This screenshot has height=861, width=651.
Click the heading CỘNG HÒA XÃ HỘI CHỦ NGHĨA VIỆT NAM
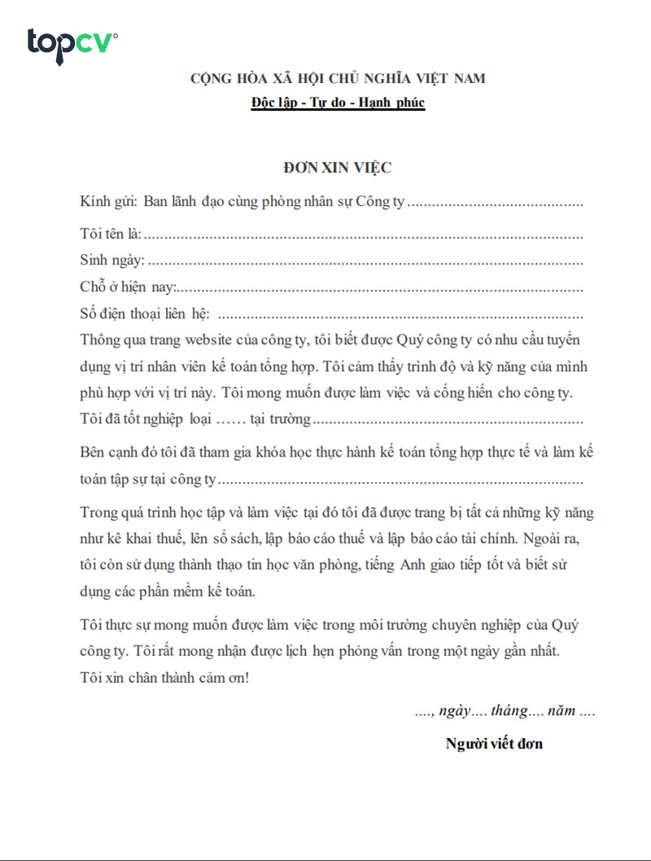coord(338,79)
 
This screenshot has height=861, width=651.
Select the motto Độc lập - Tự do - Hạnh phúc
coord(338,103)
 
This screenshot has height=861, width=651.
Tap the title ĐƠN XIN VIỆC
coord(338,168)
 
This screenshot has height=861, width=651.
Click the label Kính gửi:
coord(109,202)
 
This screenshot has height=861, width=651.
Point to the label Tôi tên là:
coord(111,234)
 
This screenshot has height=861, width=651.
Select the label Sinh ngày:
coord(112,260)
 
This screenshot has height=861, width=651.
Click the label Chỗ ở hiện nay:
coord(128,287)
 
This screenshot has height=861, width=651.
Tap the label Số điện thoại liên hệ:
coord(145,314)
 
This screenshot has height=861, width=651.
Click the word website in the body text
coord(234,339)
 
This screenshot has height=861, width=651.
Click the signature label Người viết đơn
coord(494,743)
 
